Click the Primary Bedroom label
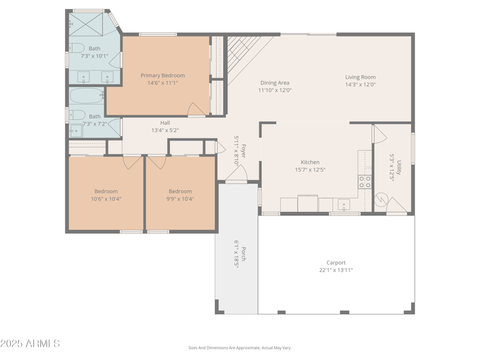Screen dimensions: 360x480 [163, 76]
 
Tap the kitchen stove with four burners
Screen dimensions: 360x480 [365, 181]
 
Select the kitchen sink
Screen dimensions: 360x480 [343, 205]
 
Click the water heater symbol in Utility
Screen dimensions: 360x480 [380, 199]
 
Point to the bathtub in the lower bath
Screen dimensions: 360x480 [87, 95]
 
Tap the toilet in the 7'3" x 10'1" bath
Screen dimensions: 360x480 [76, 48]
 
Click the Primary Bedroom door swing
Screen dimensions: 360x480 [196, 109]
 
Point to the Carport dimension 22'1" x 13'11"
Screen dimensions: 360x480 [336, 271]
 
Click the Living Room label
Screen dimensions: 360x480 [360, 77]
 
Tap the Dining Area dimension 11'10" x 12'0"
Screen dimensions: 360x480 [275, 91]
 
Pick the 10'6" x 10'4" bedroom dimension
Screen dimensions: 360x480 [106, 199]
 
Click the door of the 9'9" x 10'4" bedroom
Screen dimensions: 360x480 [157, 161]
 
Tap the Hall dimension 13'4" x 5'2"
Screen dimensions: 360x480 [165, 130]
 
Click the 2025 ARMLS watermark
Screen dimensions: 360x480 [30, 344]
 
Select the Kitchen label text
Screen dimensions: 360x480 [310, 162]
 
